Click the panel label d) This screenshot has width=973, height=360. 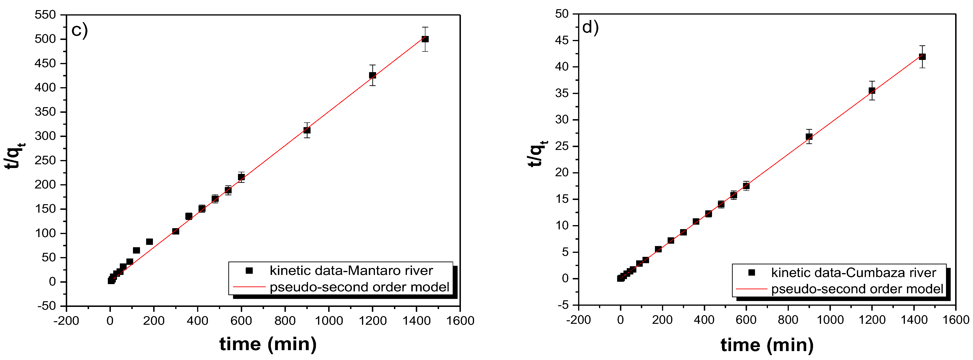tap(590, 27)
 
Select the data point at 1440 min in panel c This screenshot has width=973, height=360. tap(425, 39)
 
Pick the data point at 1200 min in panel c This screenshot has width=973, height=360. tap(372, 76)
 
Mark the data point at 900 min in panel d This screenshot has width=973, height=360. tap(809, 137)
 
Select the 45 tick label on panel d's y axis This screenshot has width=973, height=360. tap(562, 40)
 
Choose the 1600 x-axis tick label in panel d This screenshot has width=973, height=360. tap(956, 320)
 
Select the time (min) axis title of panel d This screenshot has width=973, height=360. tap(767, 345)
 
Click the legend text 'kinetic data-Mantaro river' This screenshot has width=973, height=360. tap(351, 271)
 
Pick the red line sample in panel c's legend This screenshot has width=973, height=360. tap(249, 287)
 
